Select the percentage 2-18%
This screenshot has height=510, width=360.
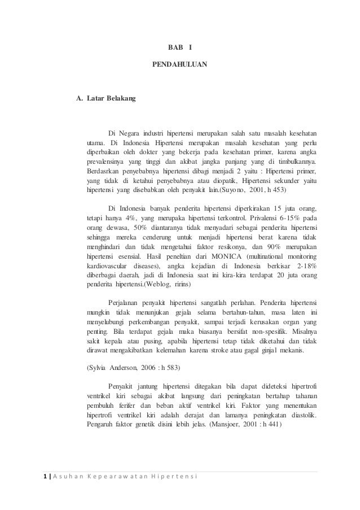305,266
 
